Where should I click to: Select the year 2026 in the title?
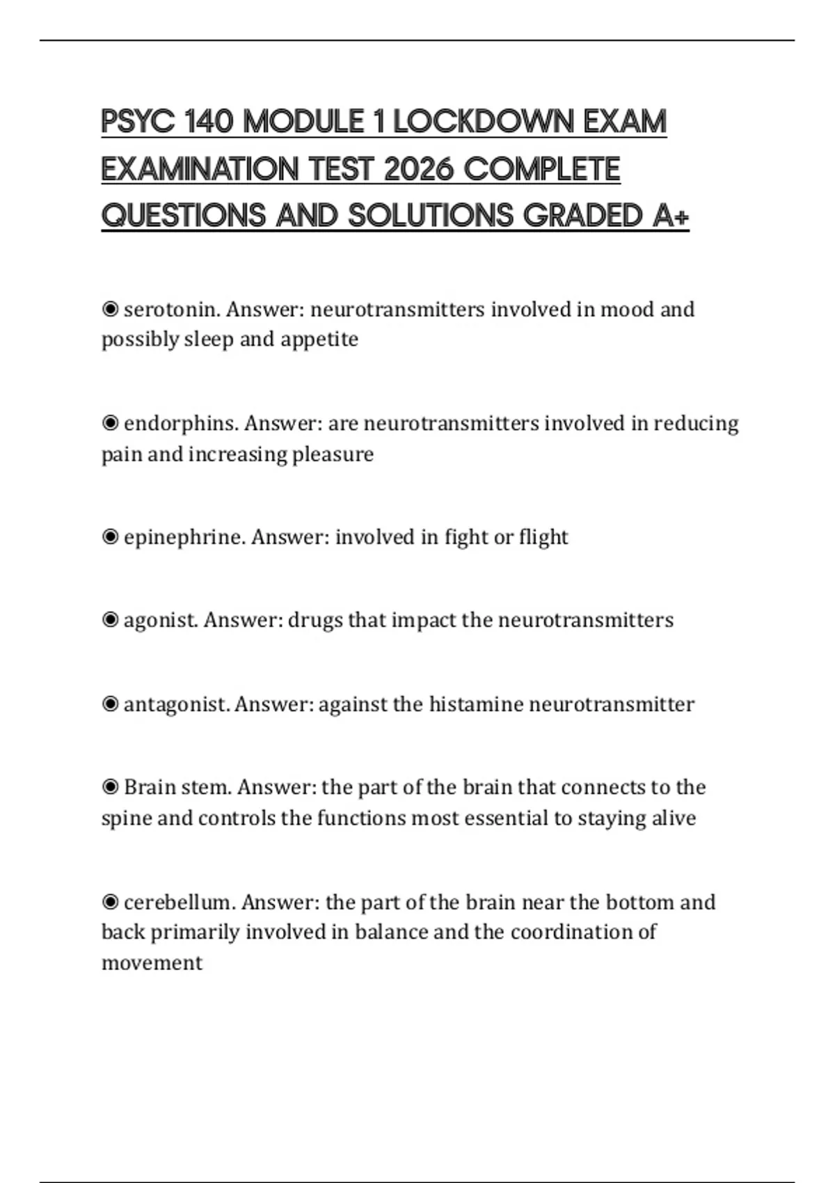pyautogui.click(x=418, y=169)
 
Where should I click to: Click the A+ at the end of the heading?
pyautogui.click(x=671, y=216)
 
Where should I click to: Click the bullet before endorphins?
pyautogui.click(x=110, y=423)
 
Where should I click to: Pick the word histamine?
pyautogui.click(x=476, y=704)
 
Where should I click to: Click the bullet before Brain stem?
pyautogui.click(x=110, y=787)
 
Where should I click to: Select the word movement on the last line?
pyautogui.click(x=152, y=963)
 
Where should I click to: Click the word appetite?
pyautogui.click(x=319, y=340)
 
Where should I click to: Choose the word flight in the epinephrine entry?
pyautogui.click(x=543, y=537)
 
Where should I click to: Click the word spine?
pyautogui.click(x=126, y=818)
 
